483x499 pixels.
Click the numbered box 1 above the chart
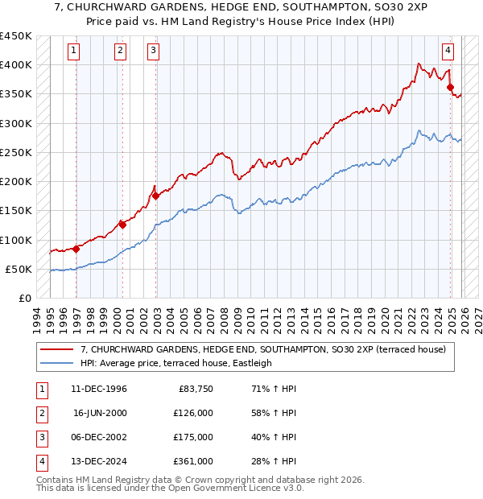73,51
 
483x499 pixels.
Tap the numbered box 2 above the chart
120,51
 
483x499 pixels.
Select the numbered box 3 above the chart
153,51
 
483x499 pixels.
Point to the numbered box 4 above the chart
448,51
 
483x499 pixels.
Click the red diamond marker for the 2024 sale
451,88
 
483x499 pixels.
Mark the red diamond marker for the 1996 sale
76,249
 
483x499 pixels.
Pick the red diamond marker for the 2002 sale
155,196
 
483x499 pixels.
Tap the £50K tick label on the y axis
19,269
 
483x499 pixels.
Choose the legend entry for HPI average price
176,363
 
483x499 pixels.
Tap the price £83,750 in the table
194,389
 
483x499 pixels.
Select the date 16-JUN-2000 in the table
100,413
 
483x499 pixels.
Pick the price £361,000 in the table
194,461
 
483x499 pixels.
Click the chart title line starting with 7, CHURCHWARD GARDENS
242,10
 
